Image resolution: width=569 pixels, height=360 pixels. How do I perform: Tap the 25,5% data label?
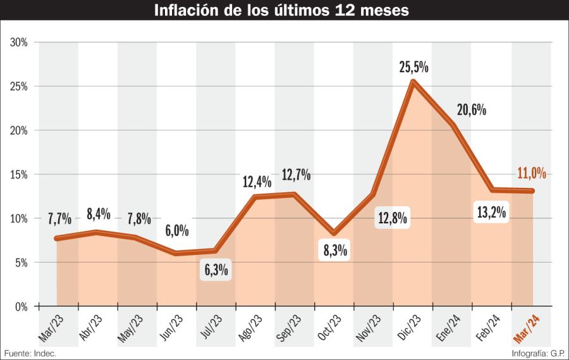414,67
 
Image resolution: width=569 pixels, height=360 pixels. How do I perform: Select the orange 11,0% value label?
531,173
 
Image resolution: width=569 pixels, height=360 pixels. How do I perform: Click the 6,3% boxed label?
216,270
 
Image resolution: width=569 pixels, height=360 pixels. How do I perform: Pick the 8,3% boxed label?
335,251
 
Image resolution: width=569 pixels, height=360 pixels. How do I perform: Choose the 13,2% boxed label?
491,213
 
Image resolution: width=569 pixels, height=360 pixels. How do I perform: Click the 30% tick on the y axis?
18,42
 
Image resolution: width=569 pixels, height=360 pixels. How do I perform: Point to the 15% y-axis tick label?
18,175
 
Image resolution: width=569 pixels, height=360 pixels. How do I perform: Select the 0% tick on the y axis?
21,307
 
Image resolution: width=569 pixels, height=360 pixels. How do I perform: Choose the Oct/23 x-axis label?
329,328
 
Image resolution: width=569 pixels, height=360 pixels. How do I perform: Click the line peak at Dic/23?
413,82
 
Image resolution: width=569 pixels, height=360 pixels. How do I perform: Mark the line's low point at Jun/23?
176,253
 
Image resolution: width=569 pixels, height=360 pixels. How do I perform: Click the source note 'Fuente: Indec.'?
30,353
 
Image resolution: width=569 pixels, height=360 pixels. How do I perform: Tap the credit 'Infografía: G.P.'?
538,353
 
